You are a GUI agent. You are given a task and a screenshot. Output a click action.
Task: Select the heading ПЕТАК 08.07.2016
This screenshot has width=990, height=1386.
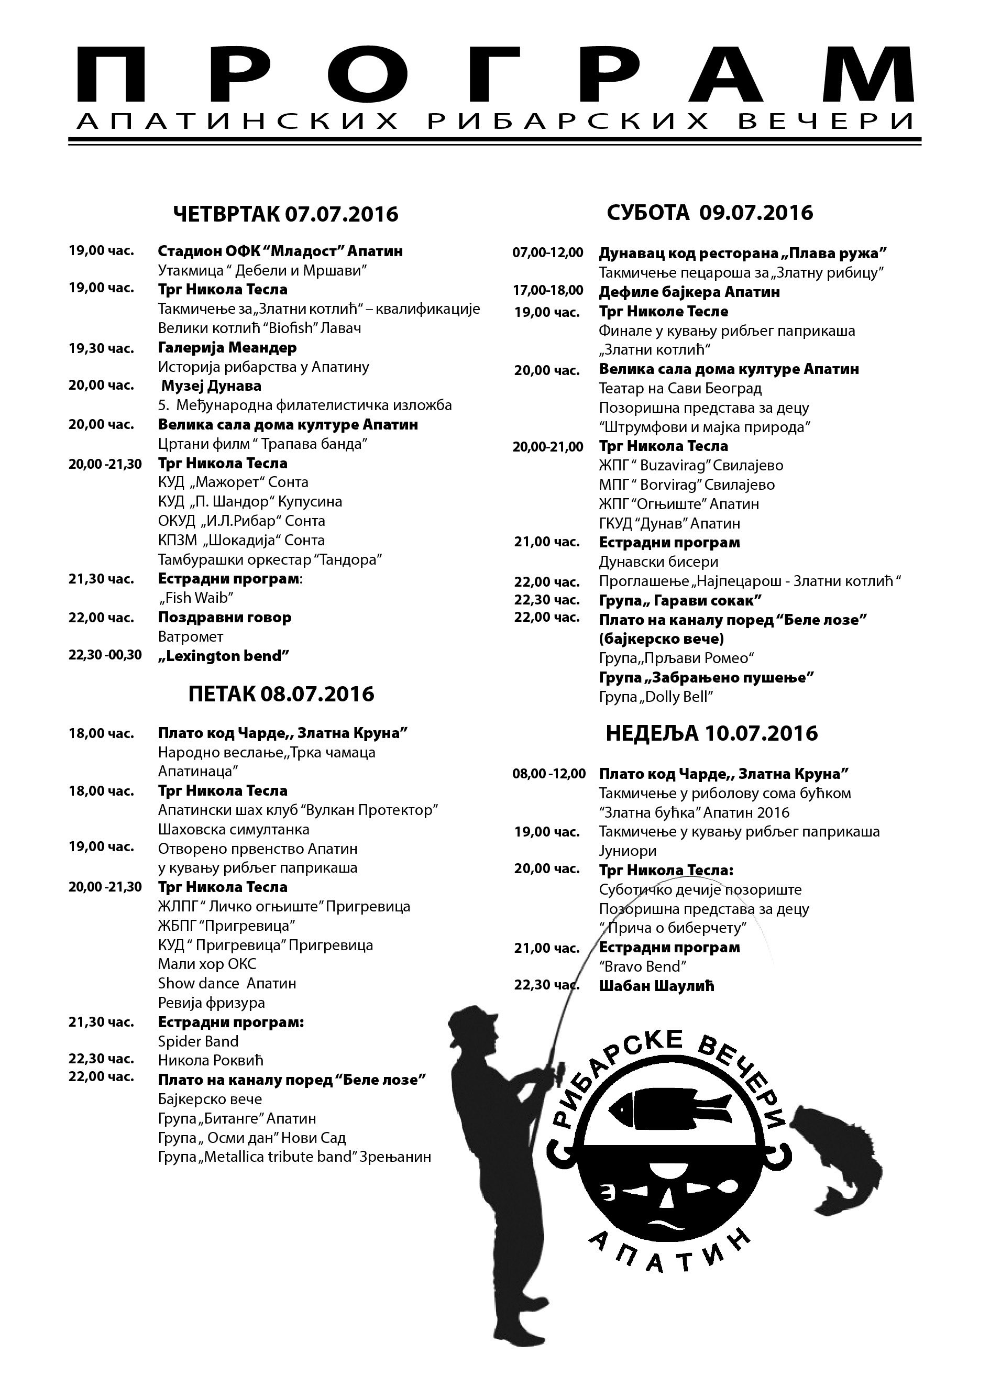[281, 694]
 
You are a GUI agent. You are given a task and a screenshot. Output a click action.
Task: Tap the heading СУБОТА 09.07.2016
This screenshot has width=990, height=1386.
[710, 212]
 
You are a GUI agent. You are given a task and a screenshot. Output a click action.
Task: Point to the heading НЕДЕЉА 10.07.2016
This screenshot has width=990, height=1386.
[711, 733]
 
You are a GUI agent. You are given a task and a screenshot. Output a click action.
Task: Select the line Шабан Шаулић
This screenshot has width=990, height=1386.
[656, 986]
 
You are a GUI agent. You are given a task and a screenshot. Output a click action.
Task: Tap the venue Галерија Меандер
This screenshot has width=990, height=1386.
[227, 347]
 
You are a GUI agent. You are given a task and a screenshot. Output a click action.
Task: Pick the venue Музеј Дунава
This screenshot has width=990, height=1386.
[211, 386]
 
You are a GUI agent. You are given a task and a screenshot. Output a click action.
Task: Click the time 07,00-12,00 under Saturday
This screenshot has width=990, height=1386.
[547, 252]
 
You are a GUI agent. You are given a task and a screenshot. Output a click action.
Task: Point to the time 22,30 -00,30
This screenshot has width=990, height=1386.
[105, 655]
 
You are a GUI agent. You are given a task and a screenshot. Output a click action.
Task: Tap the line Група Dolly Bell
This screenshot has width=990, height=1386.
[656, 697]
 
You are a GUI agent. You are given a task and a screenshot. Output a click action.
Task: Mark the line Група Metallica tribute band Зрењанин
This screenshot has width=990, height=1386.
[294, 1156]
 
